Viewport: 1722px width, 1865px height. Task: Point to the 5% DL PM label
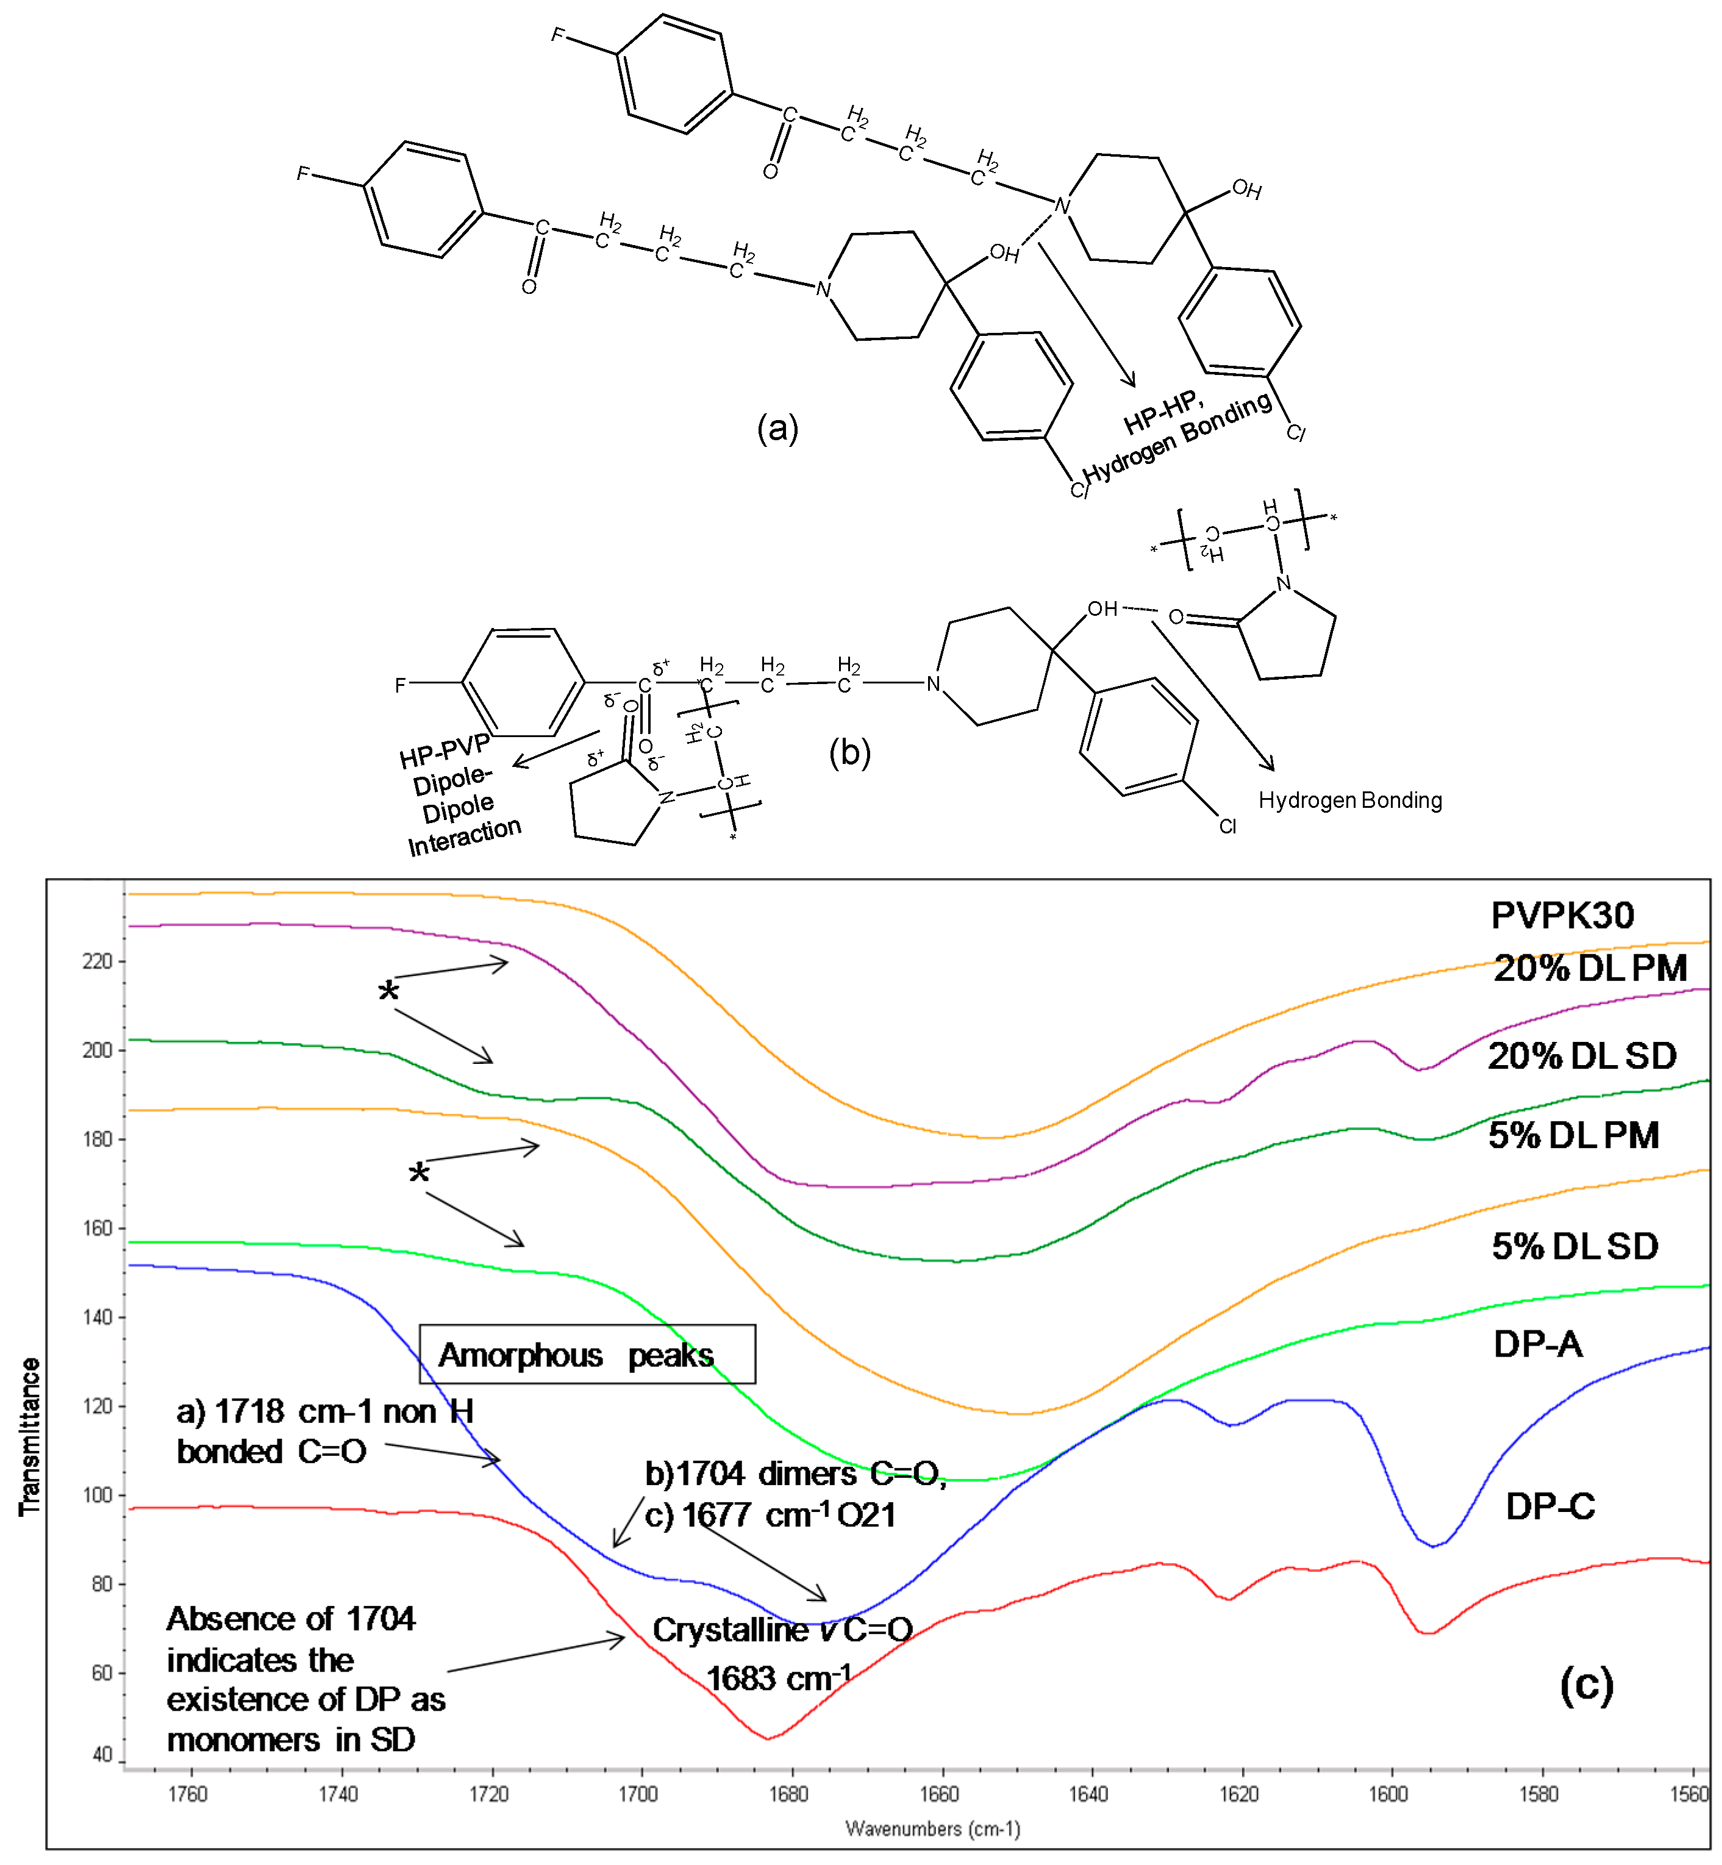coord(1573,1136)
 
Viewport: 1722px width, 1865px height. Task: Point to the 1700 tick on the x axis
coord(639,1793)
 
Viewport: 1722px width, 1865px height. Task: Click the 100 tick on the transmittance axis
coord(97,1495)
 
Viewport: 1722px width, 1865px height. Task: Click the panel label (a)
coord(777,429)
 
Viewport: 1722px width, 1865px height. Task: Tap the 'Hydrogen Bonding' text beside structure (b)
coord(1349,801)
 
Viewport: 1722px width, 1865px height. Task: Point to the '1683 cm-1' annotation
coord(778,1678)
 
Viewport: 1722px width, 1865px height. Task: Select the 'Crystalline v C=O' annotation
coord(782,1629)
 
